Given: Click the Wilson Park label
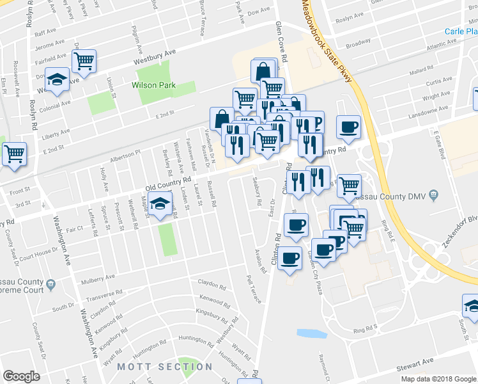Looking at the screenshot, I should pos(154,84).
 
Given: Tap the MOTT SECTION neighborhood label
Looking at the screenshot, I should pos(165,367).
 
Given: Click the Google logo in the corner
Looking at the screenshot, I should pos(21,376).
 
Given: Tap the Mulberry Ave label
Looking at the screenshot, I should pos(98,278).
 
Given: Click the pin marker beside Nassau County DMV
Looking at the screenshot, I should pos(434,193).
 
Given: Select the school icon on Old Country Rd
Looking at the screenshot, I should pos(162,205).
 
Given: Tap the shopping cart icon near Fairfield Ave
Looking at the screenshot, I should pos(84,61).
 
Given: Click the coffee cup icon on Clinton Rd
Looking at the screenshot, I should pos(289,258).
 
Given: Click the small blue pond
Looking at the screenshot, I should pos(312,333).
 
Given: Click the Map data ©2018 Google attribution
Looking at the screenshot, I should pos(438,378).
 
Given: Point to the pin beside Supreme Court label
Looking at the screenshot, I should pos(50,283).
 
